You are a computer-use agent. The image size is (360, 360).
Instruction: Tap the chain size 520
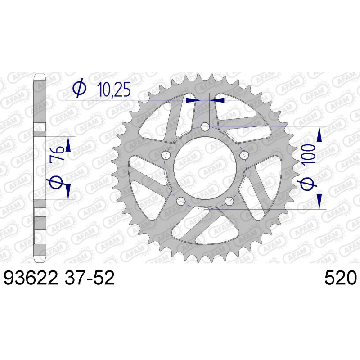(340, 278)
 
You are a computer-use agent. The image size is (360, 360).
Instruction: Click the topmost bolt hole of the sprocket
(205, 127)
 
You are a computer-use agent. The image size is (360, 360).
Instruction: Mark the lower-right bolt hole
(229, 201)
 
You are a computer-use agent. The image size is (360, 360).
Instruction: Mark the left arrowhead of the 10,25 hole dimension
(193, 99)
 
